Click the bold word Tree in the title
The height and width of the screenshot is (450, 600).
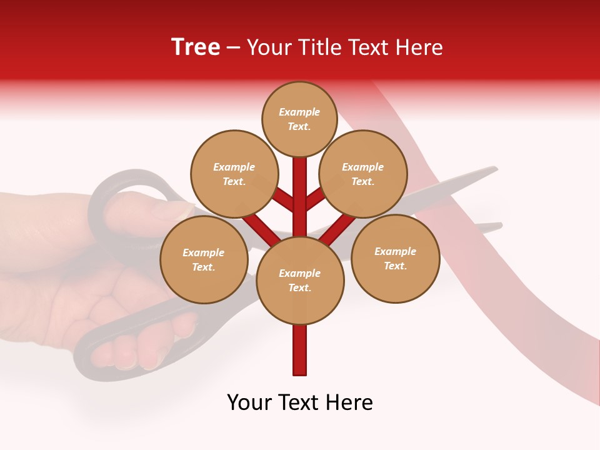(196, 47)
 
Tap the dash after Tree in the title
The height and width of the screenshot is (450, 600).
(233, 48)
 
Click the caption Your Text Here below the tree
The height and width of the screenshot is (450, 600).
(300, 402)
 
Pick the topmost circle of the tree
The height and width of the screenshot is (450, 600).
(299, 119)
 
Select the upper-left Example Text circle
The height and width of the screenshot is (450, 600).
(234, 174)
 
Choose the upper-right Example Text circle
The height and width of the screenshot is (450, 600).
(362, 174)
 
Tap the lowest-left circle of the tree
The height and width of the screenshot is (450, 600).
(204, 259)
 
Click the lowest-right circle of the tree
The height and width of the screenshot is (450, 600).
(395, 258)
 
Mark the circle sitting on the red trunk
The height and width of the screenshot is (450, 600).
(300, 281)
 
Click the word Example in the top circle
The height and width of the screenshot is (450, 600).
(299, 112)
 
